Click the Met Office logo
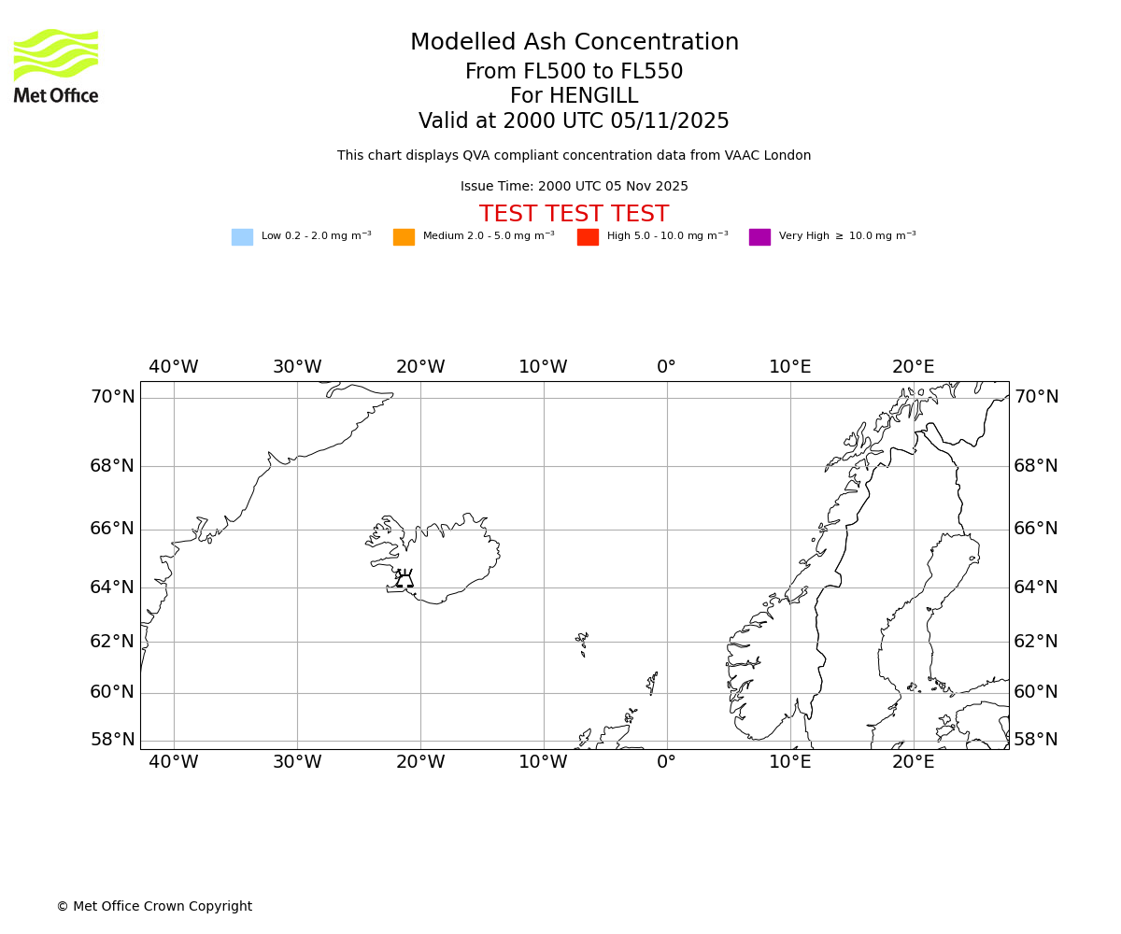click(x=56, y=65)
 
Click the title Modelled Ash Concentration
click(x=575, y=43)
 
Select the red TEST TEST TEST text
click(x=574, y=214)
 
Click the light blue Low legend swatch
click(x=242, y=237)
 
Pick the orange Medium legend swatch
click(x=404, y=237)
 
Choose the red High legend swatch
click(x=588, y=237)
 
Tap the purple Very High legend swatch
click(x=759, y=237)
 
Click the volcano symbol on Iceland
click(x=404, y=579)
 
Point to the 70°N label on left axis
click(x=112, y=397)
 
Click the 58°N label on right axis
click(x=1036, y=740)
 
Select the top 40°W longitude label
click(x=174, y=367)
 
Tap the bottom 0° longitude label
click(x=666, y=762)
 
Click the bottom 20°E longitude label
click(x=913, y=762)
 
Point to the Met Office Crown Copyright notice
click(x=154, y=906)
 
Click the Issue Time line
click(x=574, y=187)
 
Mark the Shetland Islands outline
click(x=652, y=683)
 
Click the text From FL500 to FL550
click(x=574, y=72)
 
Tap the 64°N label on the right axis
click(x=1036, y=587)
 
